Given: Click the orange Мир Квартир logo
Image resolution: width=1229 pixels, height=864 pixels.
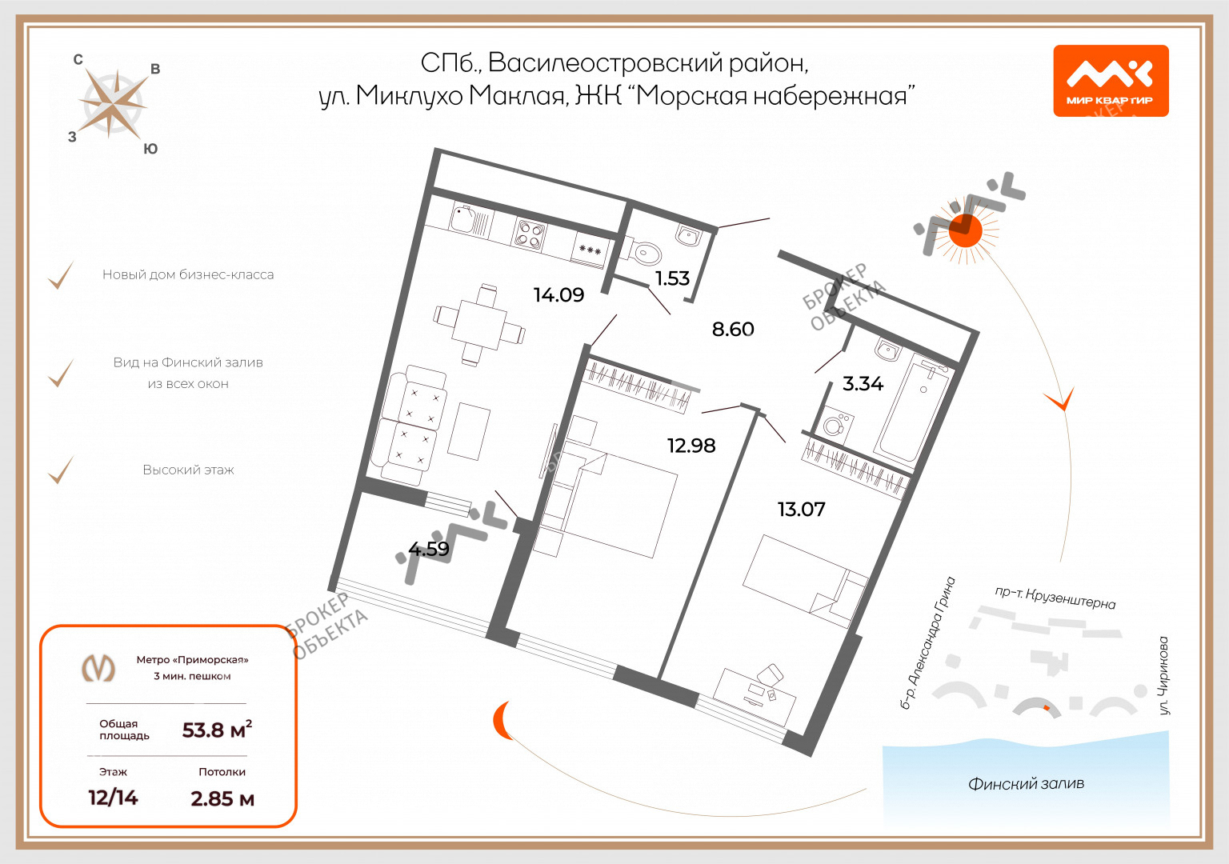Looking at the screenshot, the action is pos(1111,81).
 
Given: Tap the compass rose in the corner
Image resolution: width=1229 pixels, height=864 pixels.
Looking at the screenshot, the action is pos(114,104).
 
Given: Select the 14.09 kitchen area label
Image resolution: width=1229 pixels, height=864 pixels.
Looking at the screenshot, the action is pos(558,295).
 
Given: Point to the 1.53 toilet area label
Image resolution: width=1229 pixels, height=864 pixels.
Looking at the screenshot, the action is pos(672,278).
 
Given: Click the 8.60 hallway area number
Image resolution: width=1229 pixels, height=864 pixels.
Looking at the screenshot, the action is pos(733,329).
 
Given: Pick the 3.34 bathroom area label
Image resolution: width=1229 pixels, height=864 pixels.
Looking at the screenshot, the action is pos(863,383).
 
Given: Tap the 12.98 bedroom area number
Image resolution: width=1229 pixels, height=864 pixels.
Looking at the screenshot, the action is pos(691,446).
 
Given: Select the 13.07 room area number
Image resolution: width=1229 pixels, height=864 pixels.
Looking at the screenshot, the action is pos(801,509).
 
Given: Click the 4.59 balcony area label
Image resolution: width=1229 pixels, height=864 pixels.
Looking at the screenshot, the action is pos(429,549).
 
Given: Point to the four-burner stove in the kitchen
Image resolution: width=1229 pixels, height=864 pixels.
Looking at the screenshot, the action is pos(530,234).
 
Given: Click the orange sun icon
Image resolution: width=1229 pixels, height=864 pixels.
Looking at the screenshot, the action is pos(967,231).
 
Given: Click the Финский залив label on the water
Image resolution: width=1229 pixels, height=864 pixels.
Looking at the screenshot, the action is pos(1026,784).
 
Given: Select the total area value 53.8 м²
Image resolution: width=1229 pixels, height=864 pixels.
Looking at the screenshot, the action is pos(218,730).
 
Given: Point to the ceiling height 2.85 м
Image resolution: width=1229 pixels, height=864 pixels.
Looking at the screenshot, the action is pos(222,798).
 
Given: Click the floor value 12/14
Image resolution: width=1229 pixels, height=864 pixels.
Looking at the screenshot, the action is pos(113,798).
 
